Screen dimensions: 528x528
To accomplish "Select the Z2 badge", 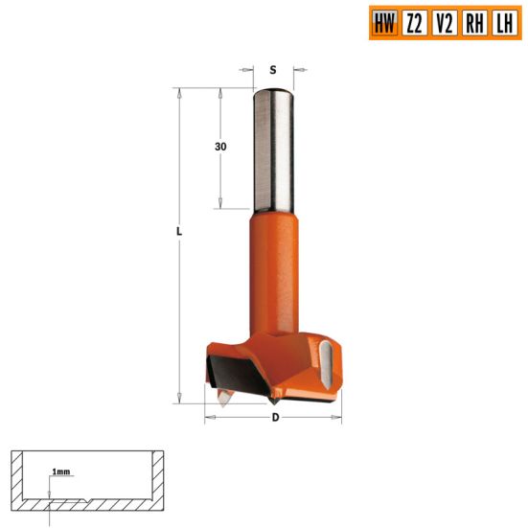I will (x=414, y=24).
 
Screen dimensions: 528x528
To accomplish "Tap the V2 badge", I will (x=444, y=24).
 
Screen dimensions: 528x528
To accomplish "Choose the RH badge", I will (x=473, y=24).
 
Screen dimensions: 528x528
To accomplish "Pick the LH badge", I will (x=502, y=24).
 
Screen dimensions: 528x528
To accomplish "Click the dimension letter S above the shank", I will (x=273, y=70).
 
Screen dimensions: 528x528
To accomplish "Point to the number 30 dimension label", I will (x=220, y=147).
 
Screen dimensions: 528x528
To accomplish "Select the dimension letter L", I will (x=179, y=234).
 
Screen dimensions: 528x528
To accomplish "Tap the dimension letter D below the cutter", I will (x=276, y=418).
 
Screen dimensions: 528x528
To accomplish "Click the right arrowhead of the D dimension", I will (x=338, y=418).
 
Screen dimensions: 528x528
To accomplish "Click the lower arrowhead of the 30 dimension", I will (x=220, y=203).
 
